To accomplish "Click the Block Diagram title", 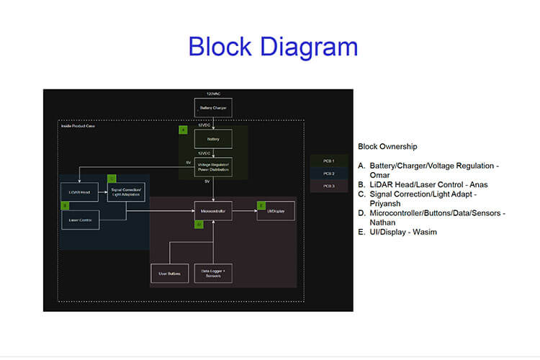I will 273,47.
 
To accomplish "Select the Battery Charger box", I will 213,108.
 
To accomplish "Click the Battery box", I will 213,138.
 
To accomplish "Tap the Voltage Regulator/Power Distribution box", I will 213,166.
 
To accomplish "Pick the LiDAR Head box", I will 80,192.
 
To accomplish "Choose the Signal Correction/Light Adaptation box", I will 126,192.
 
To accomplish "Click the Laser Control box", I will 80,220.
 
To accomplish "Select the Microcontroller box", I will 213,211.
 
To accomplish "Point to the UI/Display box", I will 276,211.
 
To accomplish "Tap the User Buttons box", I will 169,274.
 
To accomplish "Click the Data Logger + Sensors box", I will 213,274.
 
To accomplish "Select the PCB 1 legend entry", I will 328,161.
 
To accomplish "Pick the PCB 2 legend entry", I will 328,174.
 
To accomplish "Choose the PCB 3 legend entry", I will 328,186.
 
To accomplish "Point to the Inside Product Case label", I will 77,126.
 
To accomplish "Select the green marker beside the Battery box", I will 184,130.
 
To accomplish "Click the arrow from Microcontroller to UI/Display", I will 244,211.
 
